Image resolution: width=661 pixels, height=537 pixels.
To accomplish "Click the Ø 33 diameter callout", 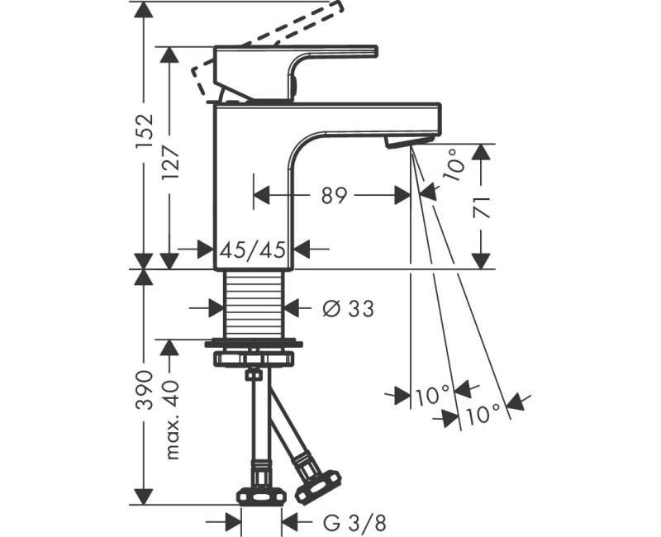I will click(347, 309).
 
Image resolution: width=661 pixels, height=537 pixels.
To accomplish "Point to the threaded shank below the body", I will click(254, 304).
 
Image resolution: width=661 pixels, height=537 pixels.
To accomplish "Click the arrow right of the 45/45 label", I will click(307, 248).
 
